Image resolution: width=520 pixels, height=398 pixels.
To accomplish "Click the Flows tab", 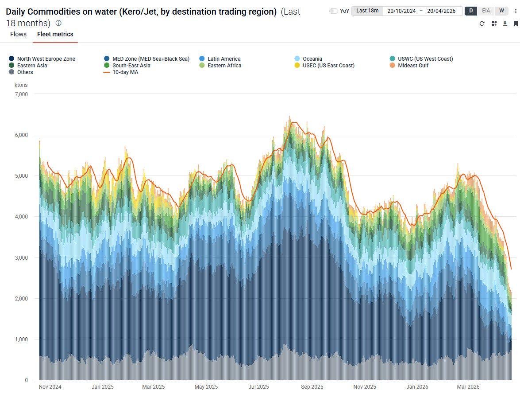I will [x=18, y=34].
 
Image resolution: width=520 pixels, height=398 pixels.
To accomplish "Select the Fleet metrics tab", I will [x=55, y=34].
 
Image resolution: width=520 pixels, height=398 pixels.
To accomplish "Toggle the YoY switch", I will [x=334, y=11].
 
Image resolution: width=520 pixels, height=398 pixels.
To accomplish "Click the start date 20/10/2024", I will [x=401, y=11].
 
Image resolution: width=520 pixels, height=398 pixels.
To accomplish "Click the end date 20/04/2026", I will [x=441, y=11].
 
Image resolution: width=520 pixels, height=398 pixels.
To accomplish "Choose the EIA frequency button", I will [x=486, y=11].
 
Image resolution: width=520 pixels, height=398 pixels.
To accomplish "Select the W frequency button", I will [x=501, y=11].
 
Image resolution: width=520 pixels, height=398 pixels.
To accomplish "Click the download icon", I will [x=505, y=23].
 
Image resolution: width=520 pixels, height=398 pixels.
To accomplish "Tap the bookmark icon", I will [x=516, y=23].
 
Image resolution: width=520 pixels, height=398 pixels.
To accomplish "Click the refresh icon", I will [x=482, y=23].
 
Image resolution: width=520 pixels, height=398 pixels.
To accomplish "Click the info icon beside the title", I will [x=58, y=23].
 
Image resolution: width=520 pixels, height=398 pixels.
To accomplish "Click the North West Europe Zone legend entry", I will [x=46, y=59].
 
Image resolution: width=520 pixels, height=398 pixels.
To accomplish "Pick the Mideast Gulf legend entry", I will [x=412, y=66].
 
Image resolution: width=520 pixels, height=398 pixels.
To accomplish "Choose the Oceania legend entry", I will [x=312, y=59].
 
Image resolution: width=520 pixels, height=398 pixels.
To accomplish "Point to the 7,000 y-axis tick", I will [x=21, y=94].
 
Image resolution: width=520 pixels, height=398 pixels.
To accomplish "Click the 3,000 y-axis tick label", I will [x=21, y=258].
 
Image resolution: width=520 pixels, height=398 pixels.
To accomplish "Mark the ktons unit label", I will [x=21, y=85].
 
